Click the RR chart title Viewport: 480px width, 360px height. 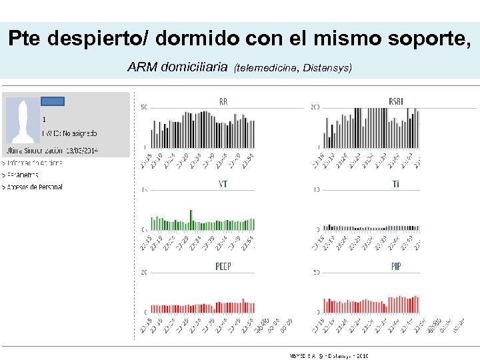coord(223,101)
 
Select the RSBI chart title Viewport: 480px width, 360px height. coord(395,101)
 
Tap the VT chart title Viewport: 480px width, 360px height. coord(223,184)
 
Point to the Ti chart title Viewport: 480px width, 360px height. coord(396,185)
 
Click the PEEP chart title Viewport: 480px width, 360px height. coord(223,267)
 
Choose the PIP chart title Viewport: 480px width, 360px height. coord(396,267)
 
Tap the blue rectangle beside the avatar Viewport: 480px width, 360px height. coord(53,101)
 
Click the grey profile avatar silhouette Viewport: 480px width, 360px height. coord(23,121)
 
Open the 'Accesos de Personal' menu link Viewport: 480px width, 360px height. coord(33,187)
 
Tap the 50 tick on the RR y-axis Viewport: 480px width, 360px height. coord(144,107)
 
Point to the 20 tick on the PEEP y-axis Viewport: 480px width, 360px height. coord(144,272)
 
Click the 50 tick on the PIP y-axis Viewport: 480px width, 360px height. coord(316,272)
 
